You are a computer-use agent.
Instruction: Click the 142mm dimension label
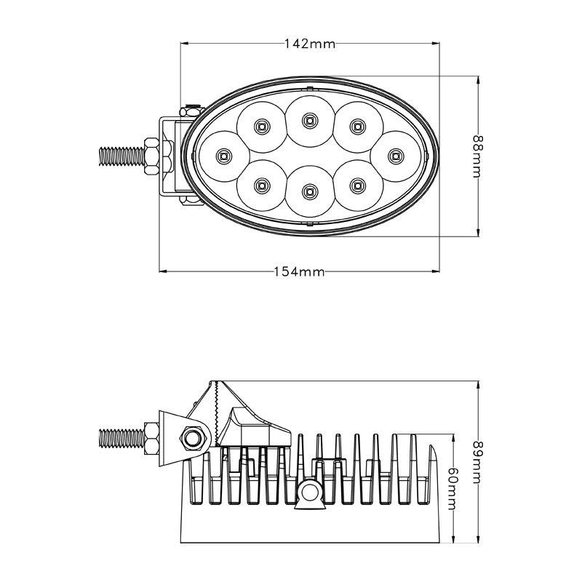[x=310, y=44]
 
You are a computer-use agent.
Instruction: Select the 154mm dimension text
[x=299, y=272]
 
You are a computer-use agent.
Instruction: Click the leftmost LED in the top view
[x=223, y=154]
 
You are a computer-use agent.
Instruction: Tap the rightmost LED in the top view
[x=395, y=154]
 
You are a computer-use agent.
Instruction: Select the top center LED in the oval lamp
[x=309, y=119]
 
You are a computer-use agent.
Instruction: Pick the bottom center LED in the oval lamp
[x=309, y=191]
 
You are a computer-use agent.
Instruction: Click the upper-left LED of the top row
[x=261, y=127]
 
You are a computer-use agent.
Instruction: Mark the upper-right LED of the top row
[x=356, y=127]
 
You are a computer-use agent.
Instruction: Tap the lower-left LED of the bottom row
[x=261, y=185]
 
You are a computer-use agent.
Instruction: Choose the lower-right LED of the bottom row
[x=356, y=185]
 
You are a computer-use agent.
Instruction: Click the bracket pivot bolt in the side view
[x=194, y=437]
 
